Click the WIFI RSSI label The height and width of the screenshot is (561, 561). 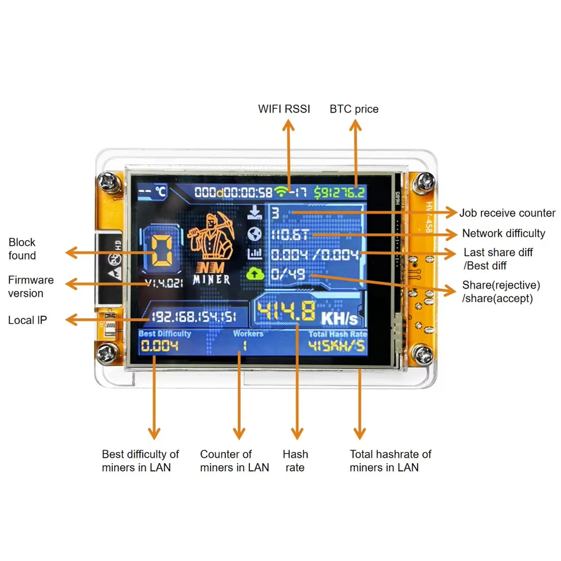[x=284, y=109]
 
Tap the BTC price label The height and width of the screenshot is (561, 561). [x=354, y=109]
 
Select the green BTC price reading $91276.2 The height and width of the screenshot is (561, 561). [x=339, y=192]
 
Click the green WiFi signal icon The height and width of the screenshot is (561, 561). [x=280, y=192]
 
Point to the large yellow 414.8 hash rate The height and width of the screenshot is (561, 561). [x=286, y=312]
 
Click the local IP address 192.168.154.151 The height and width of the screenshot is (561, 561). [x=194, y=317]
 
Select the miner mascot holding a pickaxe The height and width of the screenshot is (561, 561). [x=211, y=237]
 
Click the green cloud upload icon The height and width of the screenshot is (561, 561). [x=255, y=274]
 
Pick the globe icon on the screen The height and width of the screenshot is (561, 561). [x=254, y=234]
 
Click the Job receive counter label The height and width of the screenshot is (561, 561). [x=507, y=213]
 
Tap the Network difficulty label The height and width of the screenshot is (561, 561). [x=503, y=234]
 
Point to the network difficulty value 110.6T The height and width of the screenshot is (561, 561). [x=290, y=235]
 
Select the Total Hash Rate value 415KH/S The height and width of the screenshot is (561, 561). [x=337, y=346]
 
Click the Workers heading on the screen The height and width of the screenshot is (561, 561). [x=248, y=334]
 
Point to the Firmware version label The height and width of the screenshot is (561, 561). [x=31, y=286]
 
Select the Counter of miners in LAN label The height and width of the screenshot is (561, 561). [x=234, y=461]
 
